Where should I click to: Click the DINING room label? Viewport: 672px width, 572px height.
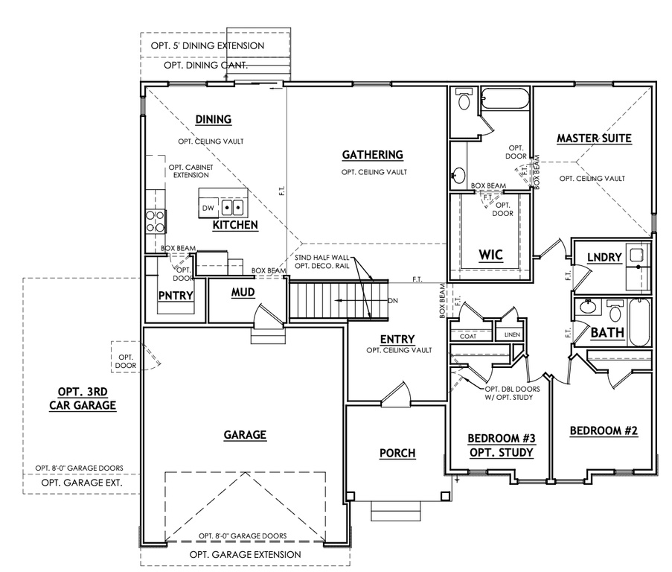pos(213,119)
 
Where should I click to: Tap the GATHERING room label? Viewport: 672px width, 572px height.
pos(372,155)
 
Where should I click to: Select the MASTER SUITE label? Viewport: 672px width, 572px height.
pos(594,138)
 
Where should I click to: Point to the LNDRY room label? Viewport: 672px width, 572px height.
pos(604,257)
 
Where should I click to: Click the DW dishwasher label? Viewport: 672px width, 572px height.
pos(208,209)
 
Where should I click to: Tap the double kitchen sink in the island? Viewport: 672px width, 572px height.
pos(234,209)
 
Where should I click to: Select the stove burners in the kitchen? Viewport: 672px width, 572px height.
pos(155,221)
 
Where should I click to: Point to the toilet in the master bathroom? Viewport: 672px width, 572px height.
pos(464,101)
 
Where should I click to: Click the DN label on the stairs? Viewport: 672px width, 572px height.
pos(393,301)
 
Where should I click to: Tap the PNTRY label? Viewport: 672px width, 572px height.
pos(176,296)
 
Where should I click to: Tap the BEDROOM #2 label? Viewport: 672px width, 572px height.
pos(604,430)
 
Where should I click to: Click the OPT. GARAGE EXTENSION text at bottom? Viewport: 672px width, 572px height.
pos(245,555)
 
